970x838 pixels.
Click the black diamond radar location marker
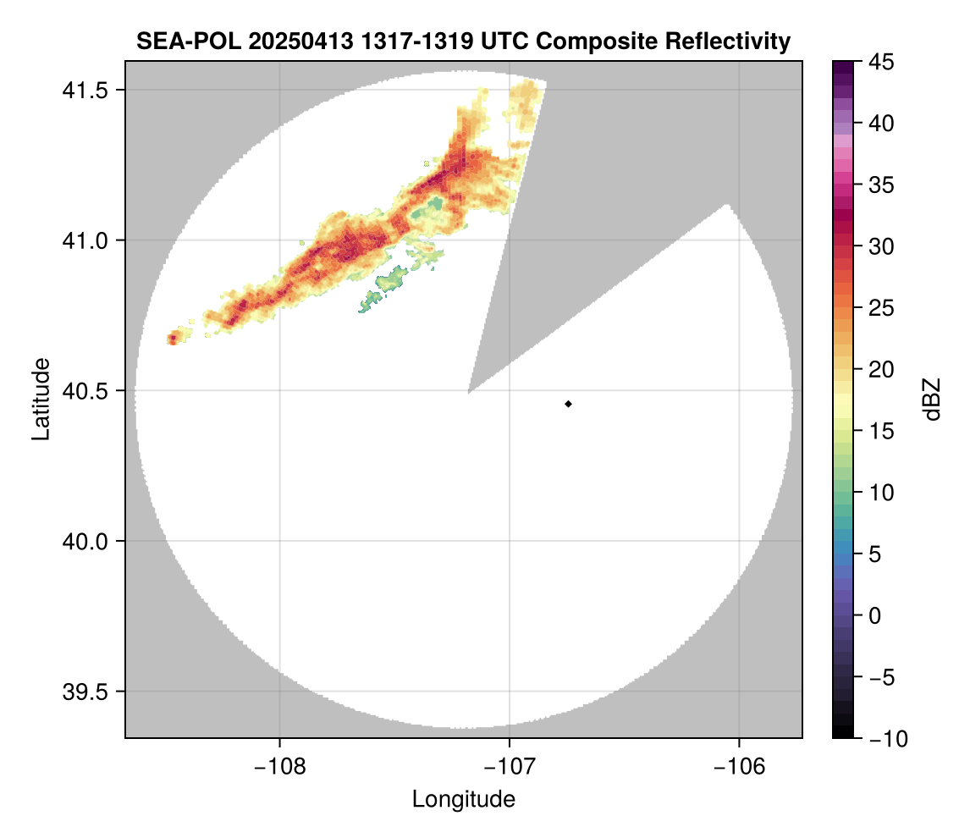(568, 404)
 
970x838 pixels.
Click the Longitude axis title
(463, 798)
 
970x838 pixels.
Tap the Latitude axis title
(40, 398)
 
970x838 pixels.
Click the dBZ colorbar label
(932, 400)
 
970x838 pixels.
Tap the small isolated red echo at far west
(173, 339)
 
